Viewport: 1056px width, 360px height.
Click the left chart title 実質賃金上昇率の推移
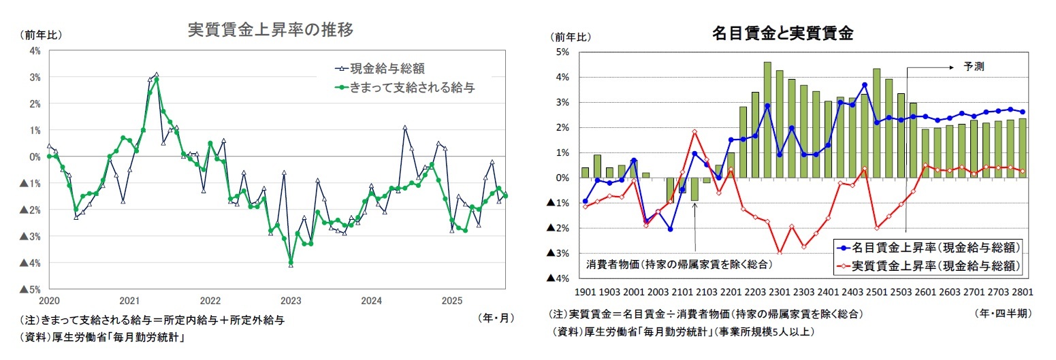[270, 30]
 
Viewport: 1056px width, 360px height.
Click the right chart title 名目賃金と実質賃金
[782, 32]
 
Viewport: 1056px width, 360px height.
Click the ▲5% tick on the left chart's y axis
[31, 289]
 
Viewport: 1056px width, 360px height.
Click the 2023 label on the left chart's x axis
[291, 300]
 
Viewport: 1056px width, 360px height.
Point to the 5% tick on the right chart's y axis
[564, 52]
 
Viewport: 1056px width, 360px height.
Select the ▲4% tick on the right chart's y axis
[560, 278]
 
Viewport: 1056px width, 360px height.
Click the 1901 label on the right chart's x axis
[586, 291]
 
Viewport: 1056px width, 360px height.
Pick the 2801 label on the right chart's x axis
[1022, 291]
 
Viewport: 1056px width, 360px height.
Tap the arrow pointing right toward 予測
[933, 67]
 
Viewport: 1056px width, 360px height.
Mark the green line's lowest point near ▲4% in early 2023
[291, 262]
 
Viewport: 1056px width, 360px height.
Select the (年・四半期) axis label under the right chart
[1003, 314]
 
